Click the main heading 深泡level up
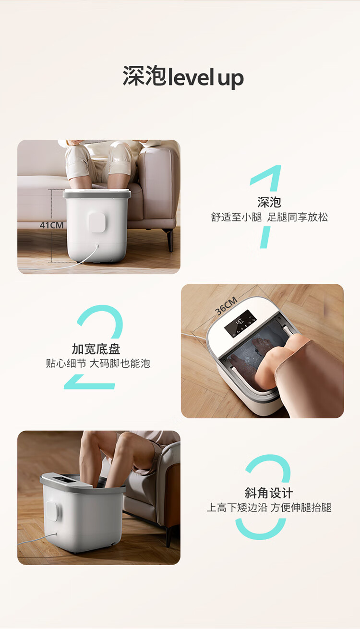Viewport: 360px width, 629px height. click(183, 76)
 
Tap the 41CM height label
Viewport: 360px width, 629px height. click(52, 225)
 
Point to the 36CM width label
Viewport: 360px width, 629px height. click(226, 306)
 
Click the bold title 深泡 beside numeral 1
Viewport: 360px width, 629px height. click(269, 202)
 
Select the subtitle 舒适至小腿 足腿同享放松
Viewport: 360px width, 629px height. click(269, 217)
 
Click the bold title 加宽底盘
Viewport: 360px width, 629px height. click(96, 349)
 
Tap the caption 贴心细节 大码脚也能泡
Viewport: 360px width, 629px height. click(98, 363)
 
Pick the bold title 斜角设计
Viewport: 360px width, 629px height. click(269, 493)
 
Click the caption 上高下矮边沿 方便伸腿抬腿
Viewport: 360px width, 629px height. click(269, 508)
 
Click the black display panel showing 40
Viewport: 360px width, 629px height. click(240, 324)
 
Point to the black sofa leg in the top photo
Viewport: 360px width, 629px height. click(170, 240)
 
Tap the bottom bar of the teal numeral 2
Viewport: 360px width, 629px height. click(89, 386)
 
